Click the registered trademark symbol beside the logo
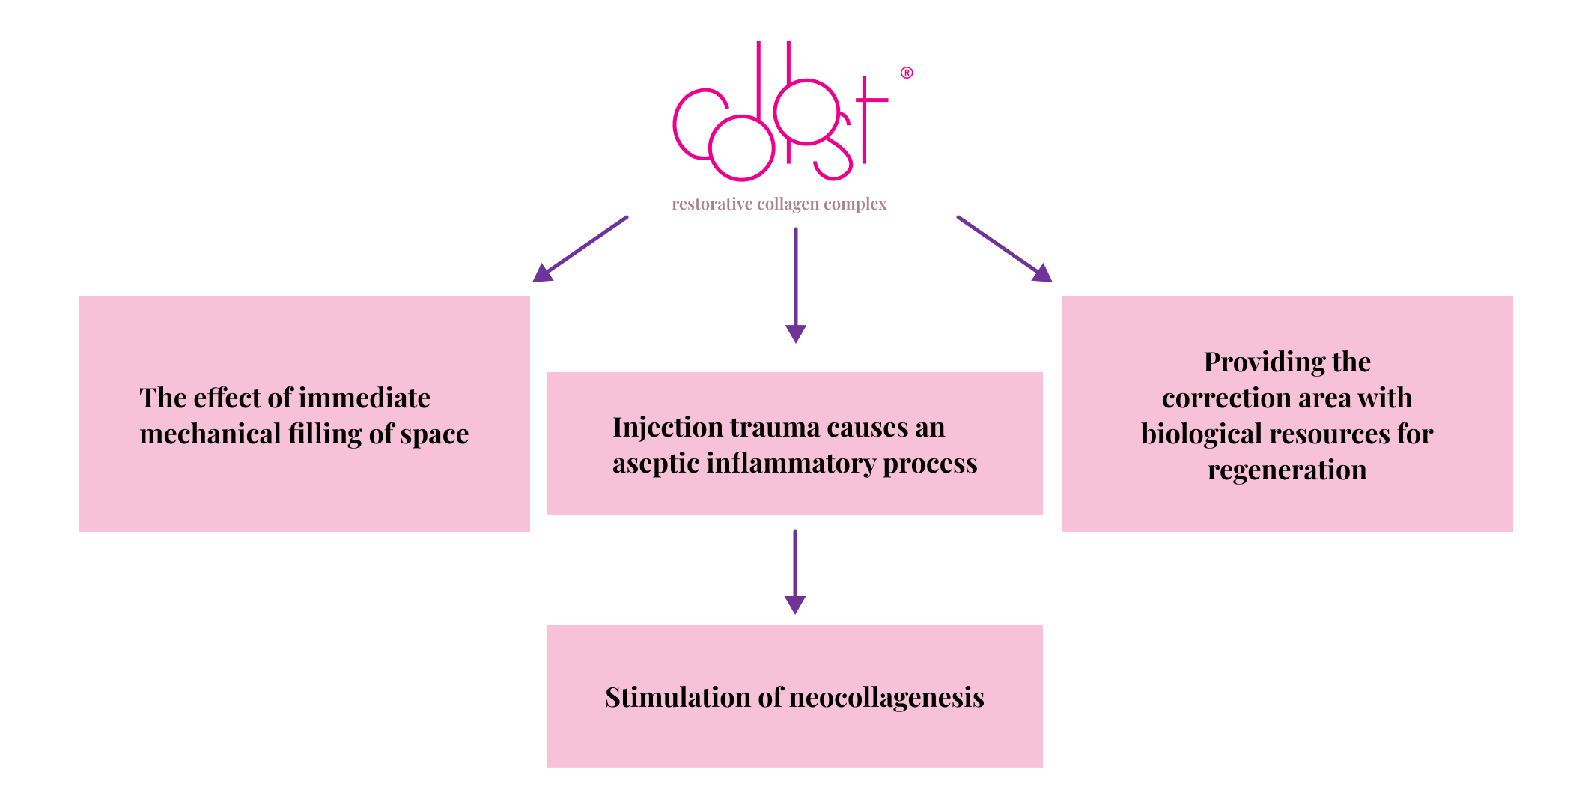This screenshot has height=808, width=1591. (907, 73)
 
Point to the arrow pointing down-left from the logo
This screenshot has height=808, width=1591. (580, 249)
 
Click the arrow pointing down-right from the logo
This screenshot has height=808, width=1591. (1005, 249)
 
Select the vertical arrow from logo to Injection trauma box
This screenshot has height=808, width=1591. (796, 285)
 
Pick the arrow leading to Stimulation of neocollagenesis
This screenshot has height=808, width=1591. (795, 572)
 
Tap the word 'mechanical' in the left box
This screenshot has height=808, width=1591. (210, 434)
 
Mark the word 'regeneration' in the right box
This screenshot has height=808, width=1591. (1287, 470)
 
